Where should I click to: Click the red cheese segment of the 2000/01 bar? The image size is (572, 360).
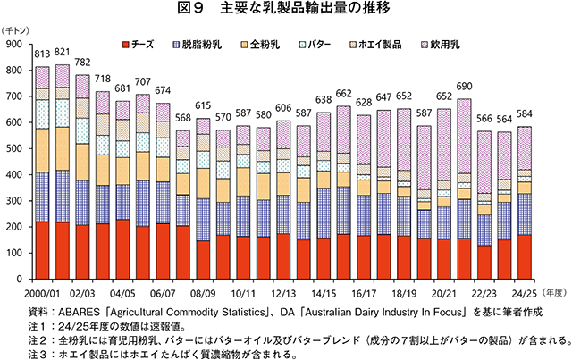tap(42, 250)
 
